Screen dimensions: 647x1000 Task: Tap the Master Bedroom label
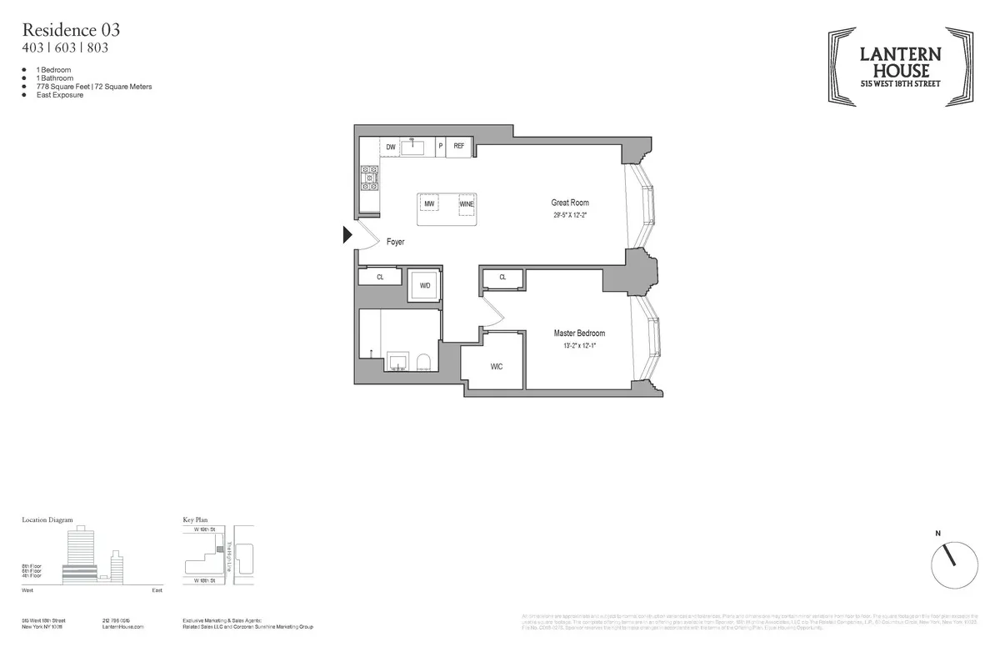click(x=579, y=334)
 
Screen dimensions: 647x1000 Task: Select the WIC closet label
click(x=497, y=366)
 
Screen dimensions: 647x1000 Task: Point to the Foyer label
click(x=395, y=242)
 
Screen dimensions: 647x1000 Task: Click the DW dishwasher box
click(x=390, y=148)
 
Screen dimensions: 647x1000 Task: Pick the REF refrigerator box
click(x=458, y=147)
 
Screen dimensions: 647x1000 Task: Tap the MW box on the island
click(x=429, y=203)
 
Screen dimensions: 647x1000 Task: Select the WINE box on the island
click(x=467, y=203)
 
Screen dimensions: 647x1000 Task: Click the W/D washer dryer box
click(x=425, y=286)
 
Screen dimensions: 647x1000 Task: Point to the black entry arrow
click(x=348, y=236)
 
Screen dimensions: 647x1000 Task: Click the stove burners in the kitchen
click(x=368, y=178)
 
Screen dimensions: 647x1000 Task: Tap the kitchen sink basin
click(x=414, y=148)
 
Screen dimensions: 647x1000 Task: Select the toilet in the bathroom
click(x=423, y=361)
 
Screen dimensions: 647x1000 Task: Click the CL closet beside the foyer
click(x=379, y=277)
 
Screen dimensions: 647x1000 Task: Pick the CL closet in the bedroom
click(x=502, y=278)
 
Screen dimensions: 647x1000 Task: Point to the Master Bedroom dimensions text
click(x=579, y=345)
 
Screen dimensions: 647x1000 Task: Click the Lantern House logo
click(x=901, y=66)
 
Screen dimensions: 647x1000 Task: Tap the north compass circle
click(x=954, y=565)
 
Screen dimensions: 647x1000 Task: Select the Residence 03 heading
click(x=71, y=30)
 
